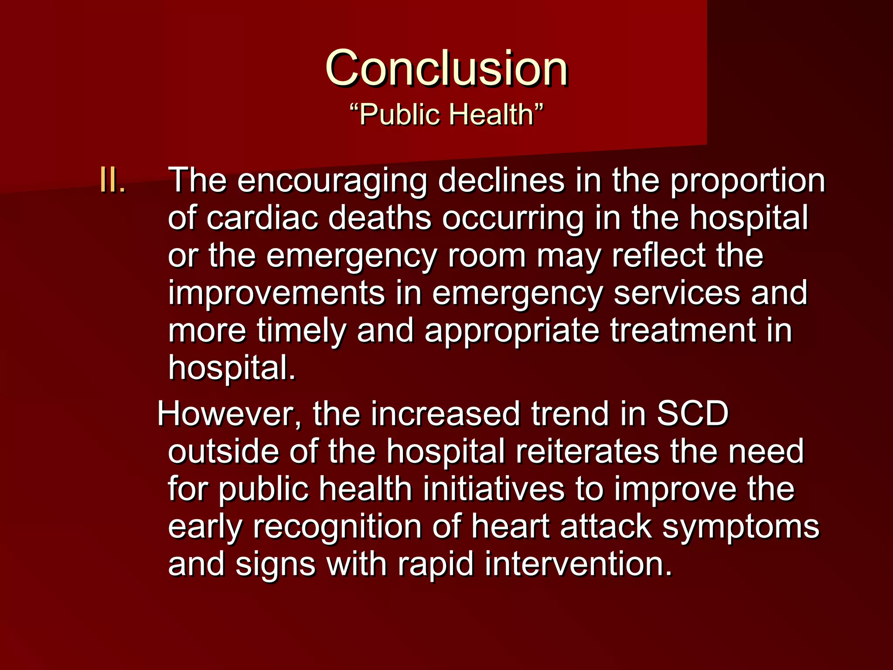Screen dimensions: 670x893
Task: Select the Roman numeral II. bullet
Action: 113,180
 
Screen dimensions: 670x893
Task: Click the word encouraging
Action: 332,181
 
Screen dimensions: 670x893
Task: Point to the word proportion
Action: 747,181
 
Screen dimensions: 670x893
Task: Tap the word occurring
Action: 513,219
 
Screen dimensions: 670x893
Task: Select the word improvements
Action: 277,293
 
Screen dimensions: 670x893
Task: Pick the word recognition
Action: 337,527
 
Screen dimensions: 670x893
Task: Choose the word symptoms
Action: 741,527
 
